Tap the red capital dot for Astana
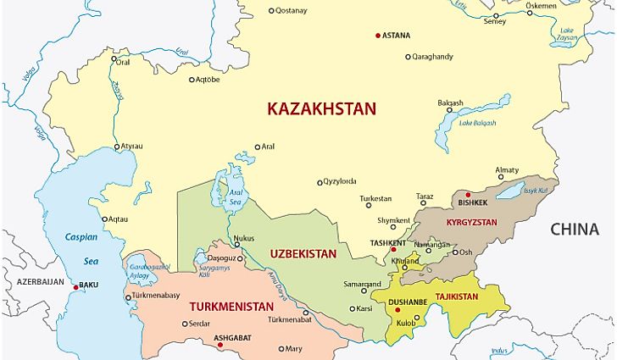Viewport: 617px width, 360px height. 378,36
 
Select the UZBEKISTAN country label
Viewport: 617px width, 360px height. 303,253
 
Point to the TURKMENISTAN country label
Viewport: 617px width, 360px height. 231,306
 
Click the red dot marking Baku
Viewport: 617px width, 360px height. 76,287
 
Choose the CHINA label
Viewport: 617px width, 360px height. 574,229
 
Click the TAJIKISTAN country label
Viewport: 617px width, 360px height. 456,296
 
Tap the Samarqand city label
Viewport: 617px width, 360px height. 362,284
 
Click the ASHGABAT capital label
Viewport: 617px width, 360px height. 231,336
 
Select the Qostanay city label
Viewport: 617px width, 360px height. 293,10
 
